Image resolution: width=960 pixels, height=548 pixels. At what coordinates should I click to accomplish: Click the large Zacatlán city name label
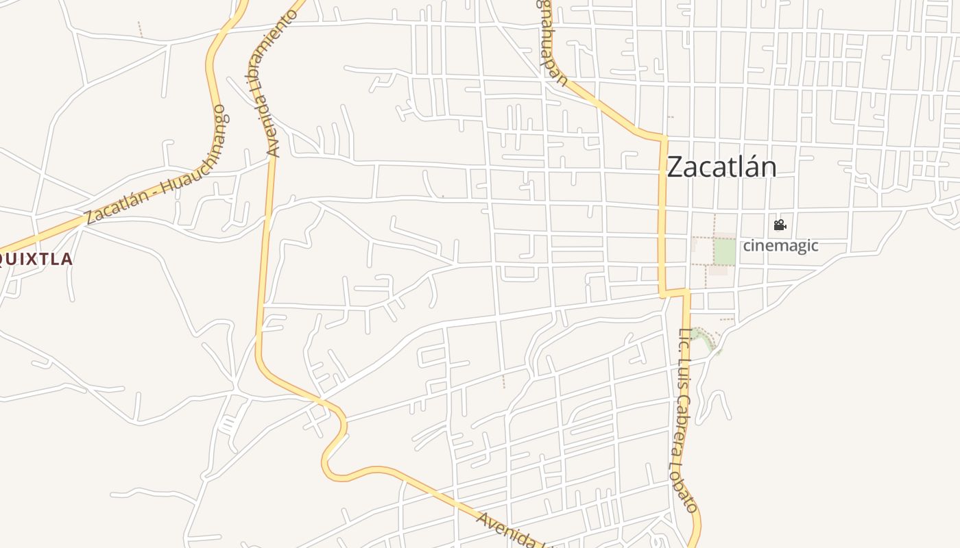(x=721, y=167)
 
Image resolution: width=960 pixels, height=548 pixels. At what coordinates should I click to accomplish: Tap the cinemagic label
(x=781, y=245)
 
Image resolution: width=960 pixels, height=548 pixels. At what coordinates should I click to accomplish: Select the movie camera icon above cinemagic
(x=780, y=225)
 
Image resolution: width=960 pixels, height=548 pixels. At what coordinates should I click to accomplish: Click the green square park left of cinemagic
(x=725, y=251)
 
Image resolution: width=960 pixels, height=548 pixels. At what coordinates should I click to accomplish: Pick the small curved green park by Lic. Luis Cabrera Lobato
(x=704, y=338)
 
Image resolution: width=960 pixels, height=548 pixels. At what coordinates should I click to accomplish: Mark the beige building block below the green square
(x=718, y=271)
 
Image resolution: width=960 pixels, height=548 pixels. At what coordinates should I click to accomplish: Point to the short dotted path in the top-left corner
(x=140, y=29)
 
